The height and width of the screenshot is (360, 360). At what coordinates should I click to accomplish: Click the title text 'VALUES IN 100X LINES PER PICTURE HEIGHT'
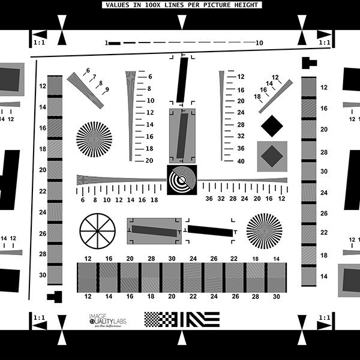[x=181, y=5]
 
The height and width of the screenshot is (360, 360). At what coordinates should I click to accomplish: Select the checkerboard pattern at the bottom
[x=158, y=319]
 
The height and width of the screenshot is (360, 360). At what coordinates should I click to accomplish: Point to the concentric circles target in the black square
[x=181, y=180]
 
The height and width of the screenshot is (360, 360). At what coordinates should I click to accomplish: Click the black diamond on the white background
[x=272, y=125]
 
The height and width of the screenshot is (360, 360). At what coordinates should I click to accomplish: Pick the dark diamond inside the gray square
[x=272, y=156]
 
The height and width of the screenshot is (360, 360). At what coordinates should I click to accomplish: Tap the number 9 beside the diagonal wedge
[x=107, y=89]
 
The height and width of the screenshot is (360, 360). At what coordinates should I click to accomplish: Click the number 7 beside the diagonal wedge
[x=94, y=77]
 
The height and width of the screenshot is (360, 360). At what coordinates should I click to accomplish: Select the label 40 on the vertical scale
[x=241, y=161]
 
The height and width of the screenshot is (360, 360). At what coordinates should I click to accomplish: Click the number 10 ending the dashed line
[x=259, y=43]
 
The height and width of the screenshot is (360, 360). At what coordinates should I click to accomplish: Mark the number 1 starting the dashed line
[x=106, y=43]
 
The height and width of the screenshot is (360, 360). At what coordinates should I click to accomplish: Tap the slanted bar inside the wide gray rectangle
[x=154, y=231]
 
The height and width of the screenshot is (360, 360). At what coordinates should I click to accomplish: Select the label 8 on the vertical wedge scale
[x=149, y=89]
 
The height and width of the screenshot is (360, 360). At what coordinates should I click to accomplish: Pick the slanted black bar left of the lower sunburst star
[x=210, y=230]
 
